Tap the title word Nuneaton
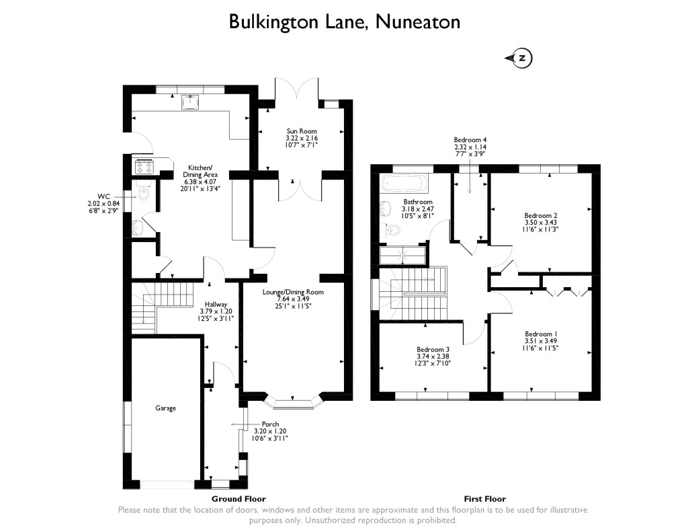(x=418, y=22)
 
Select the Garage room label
(x=166, y=408)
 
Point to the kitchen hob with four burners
(x=144, y=165)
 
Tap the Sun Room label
(x=302, y=131)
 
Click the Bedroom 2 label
(x=541, y=215)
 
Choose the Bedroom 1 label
(x=541, y=334)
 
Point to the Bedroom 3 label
(x=433, y=349)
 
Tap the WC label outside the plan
(x=105, y=196)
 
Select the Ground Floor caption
(x=239, y=499)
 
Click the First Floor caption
(x=484, y=499)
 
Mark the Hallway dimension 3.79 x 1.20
(x=216, y=311)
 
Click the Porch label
(x=271, y=424)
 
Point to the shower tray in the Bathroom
(x=403, y=255)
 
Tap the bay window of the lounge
(x=293, y=402)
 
